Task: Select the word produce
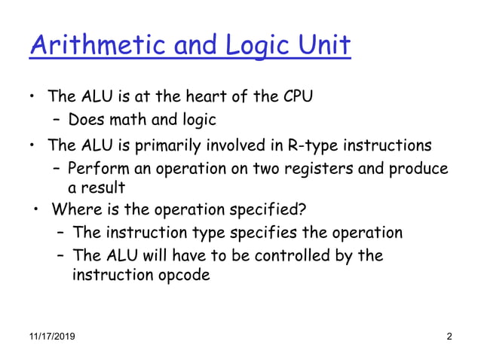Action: [418, 168]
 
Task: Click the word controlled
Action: [286, 255]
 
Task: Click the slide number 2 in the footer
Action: [449, 336]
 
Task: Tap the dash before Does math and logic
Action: [57, 119]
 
